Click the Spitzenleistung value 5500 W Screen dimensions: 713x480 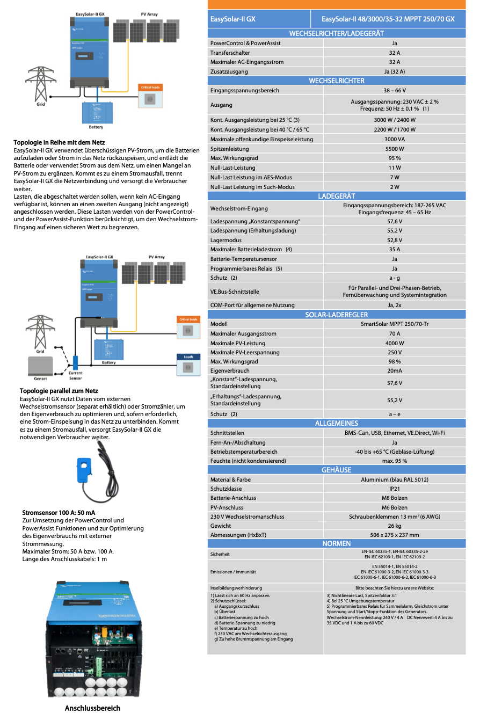point(394,149)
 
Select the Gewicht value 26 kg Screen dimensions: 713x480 point(394,526)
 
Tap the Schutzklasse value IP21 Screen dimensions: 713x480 point(394,489)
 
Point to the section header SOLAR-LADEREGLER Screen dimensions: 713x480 point(336,315)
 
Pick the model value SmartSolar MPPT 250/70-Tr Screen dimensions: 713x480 point(394,324)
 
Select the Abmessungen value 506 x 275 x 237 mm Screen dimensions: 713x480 point(394,535)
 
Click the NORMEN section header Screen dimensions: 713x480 point(336,544)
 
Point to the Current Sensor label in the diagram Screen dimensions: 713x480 point(76,375)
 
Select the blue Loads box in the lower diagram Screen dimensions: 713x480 point(188,364)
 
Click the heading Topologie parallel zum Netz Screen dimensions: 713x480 point(59,391)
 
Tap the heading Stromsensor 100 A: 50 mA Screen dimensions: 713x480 point(59,513)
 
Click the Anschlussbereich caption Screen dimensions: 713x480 point(92,708)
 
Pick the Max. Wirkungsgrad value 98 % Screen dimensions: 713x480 point(394,361)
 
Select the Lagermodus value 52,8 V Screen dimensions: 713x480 point(394,240)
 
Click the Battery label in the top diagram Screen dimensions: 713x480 point(96,127)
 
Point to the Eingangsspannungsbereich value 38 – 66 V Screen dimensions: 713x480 point(394,90)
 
